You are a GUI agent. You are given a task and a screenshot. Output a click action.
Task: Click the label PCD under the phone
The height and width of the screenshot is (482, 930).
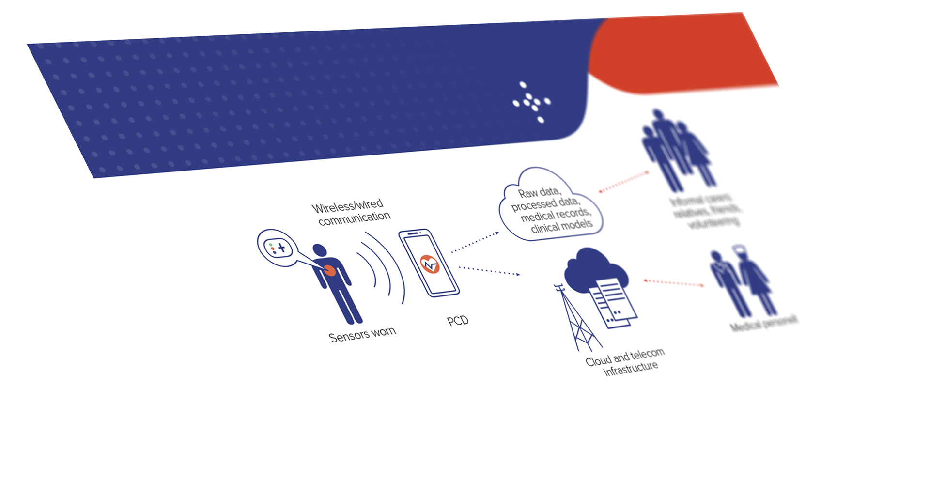pyautogui.click(x=458, y=321)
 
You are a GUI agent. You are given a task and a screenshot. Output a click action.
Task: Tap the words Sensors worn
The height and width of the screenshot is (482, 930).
pyautogui.click(x=362, y=334)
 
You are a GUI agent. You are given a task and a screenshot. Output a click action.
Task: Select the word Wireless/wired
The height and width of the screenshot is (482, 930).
pyautogui.click(x=347, y=206)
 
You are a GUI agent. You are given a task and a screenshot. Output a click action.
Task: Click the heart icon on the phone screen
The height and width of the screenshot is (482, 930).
pyautogui.click(x=429, y=264)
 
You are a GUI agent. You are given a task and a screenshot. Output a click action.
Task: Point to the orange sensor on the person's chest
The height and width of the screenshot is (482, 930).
pyautogui.click(x=329, y=270)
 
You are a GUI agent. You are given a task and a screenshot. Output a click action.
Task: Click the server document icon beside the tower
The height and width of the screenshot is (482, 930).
pyautogui.click(x=613, y=303)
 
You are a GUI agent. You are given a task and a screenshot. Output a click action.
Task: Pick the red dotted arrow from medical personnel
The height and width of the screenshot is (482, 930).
pyautogui.click(x=673, y=282)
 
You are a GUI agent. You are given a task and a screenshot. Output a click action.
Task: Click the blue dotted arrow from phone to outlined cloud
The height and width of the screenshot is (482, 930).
pyautogui.click(x=475, y=242)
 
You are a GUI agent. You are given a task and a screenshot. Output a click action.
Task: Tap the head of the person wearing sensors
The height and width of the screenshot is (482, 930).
pyautogui.click(x=319, y=250)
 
